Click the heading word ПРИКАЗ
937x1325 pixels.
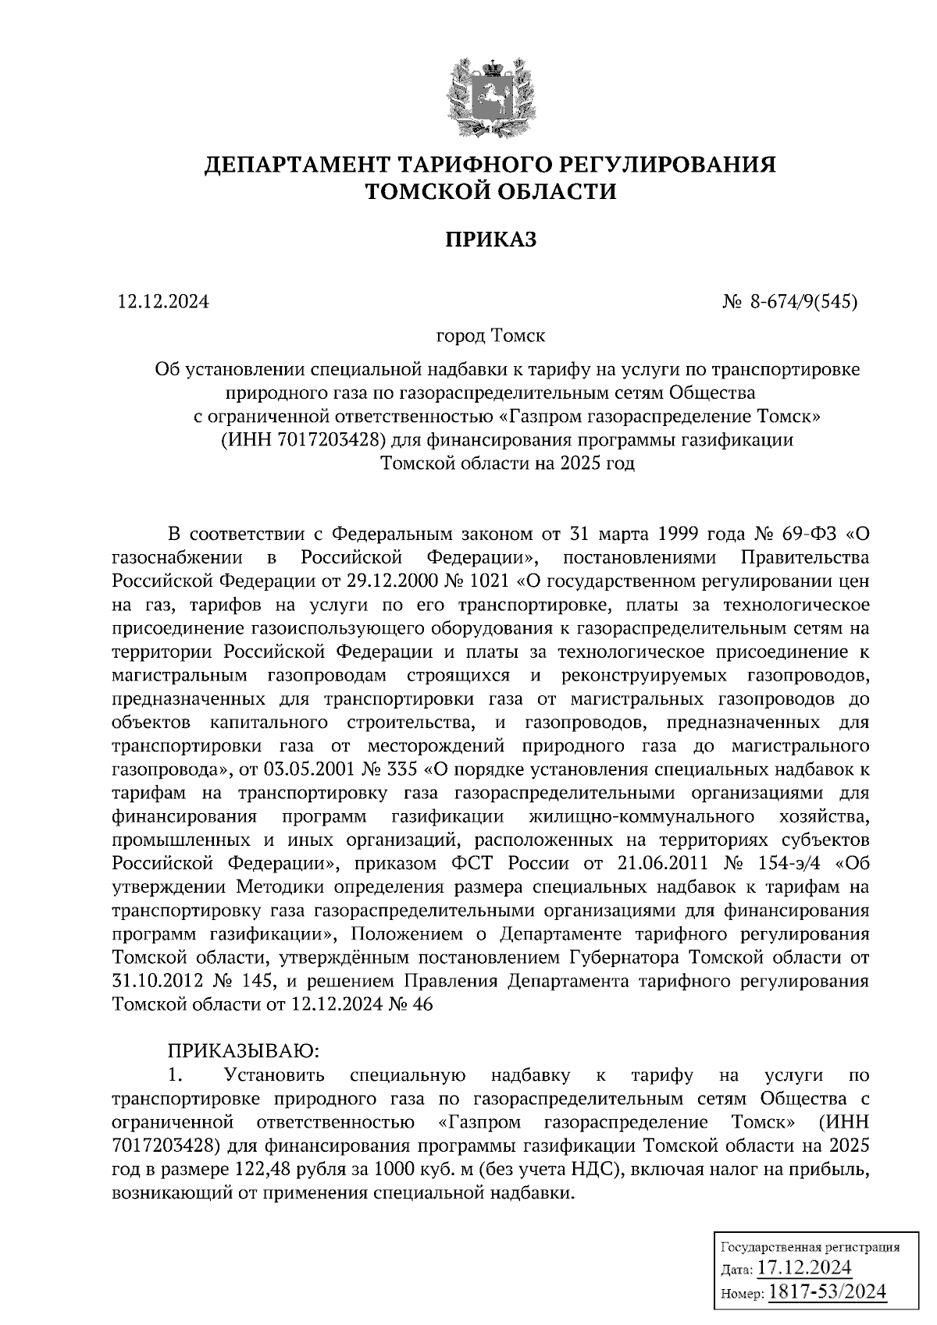pos(491,240)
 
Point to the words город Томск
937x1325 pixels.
pos(490,336)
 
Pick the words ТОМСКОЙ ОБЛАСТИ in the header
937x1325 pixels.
pos(491,191)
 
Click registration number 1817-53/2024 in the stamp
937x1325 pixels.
pos(828,1291)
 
